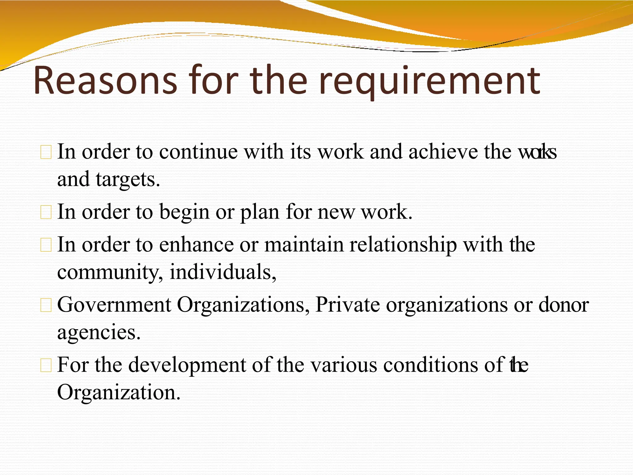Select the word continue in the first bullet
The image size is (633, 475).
pos(198,152)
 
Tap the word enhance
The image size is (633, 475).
pos(196,245)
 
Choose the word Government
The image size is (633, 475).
pos(114,305)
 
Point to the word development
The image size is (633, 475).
pos(187,365)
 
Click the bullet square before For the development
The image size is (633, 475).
pos(46,366)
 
